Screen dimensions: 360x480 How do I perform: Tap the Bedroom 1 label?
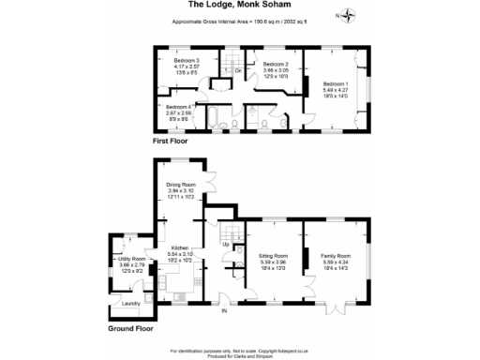[x=335, y=83]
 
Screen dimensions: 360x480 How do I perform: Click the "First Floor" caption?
[x=172, y=140]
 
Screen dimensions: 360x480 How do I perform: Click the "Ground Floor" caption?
[x=130, y=329]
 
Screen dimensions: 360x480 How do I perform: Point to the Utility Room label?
[x=132, y=258]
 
